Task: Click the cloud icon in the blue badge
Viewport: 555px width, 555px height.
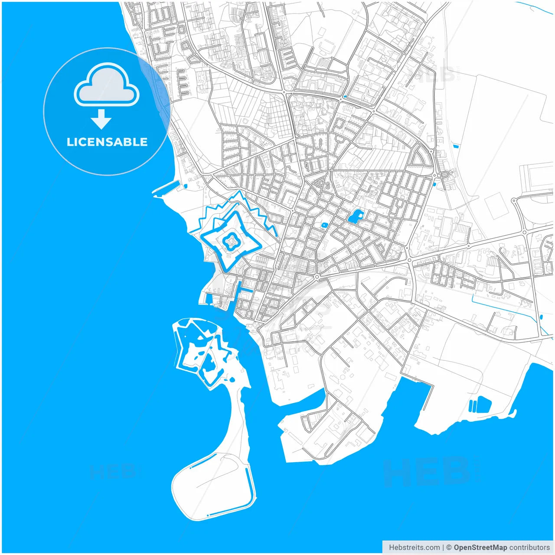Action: [x=107, y=85]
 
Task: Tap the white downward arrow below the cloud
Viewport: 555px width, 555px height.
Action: [x=101, y=119]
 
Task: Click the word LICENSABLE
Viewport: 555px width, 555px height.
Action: [x=107, y=142]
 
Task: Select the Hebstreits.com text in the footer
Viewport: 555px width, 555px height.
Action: [x=414, y=547]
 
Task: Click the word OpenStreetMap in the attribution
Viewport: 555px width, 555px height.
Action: [x=480, y=547]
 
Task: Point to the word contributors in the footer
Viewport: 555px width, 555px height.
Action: [x=529, y=547]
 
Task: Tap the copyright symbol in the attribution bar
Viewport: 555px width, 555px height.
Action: [x=449, y=547]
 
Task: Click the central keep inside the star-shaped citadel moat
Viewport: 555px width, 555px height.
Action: [x=230, y=240]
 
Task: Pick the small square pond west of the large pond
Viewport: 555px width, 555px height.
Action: [x=324, y=225]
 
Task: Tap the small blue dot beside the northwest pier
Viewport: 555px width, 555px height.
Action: [x=186, y=186]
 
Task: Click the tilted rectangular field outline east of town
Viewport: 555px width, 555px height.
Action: [x=496, y=206]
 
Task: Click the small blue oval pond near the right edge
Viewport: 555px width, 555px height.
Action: [x=435, y=184]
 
